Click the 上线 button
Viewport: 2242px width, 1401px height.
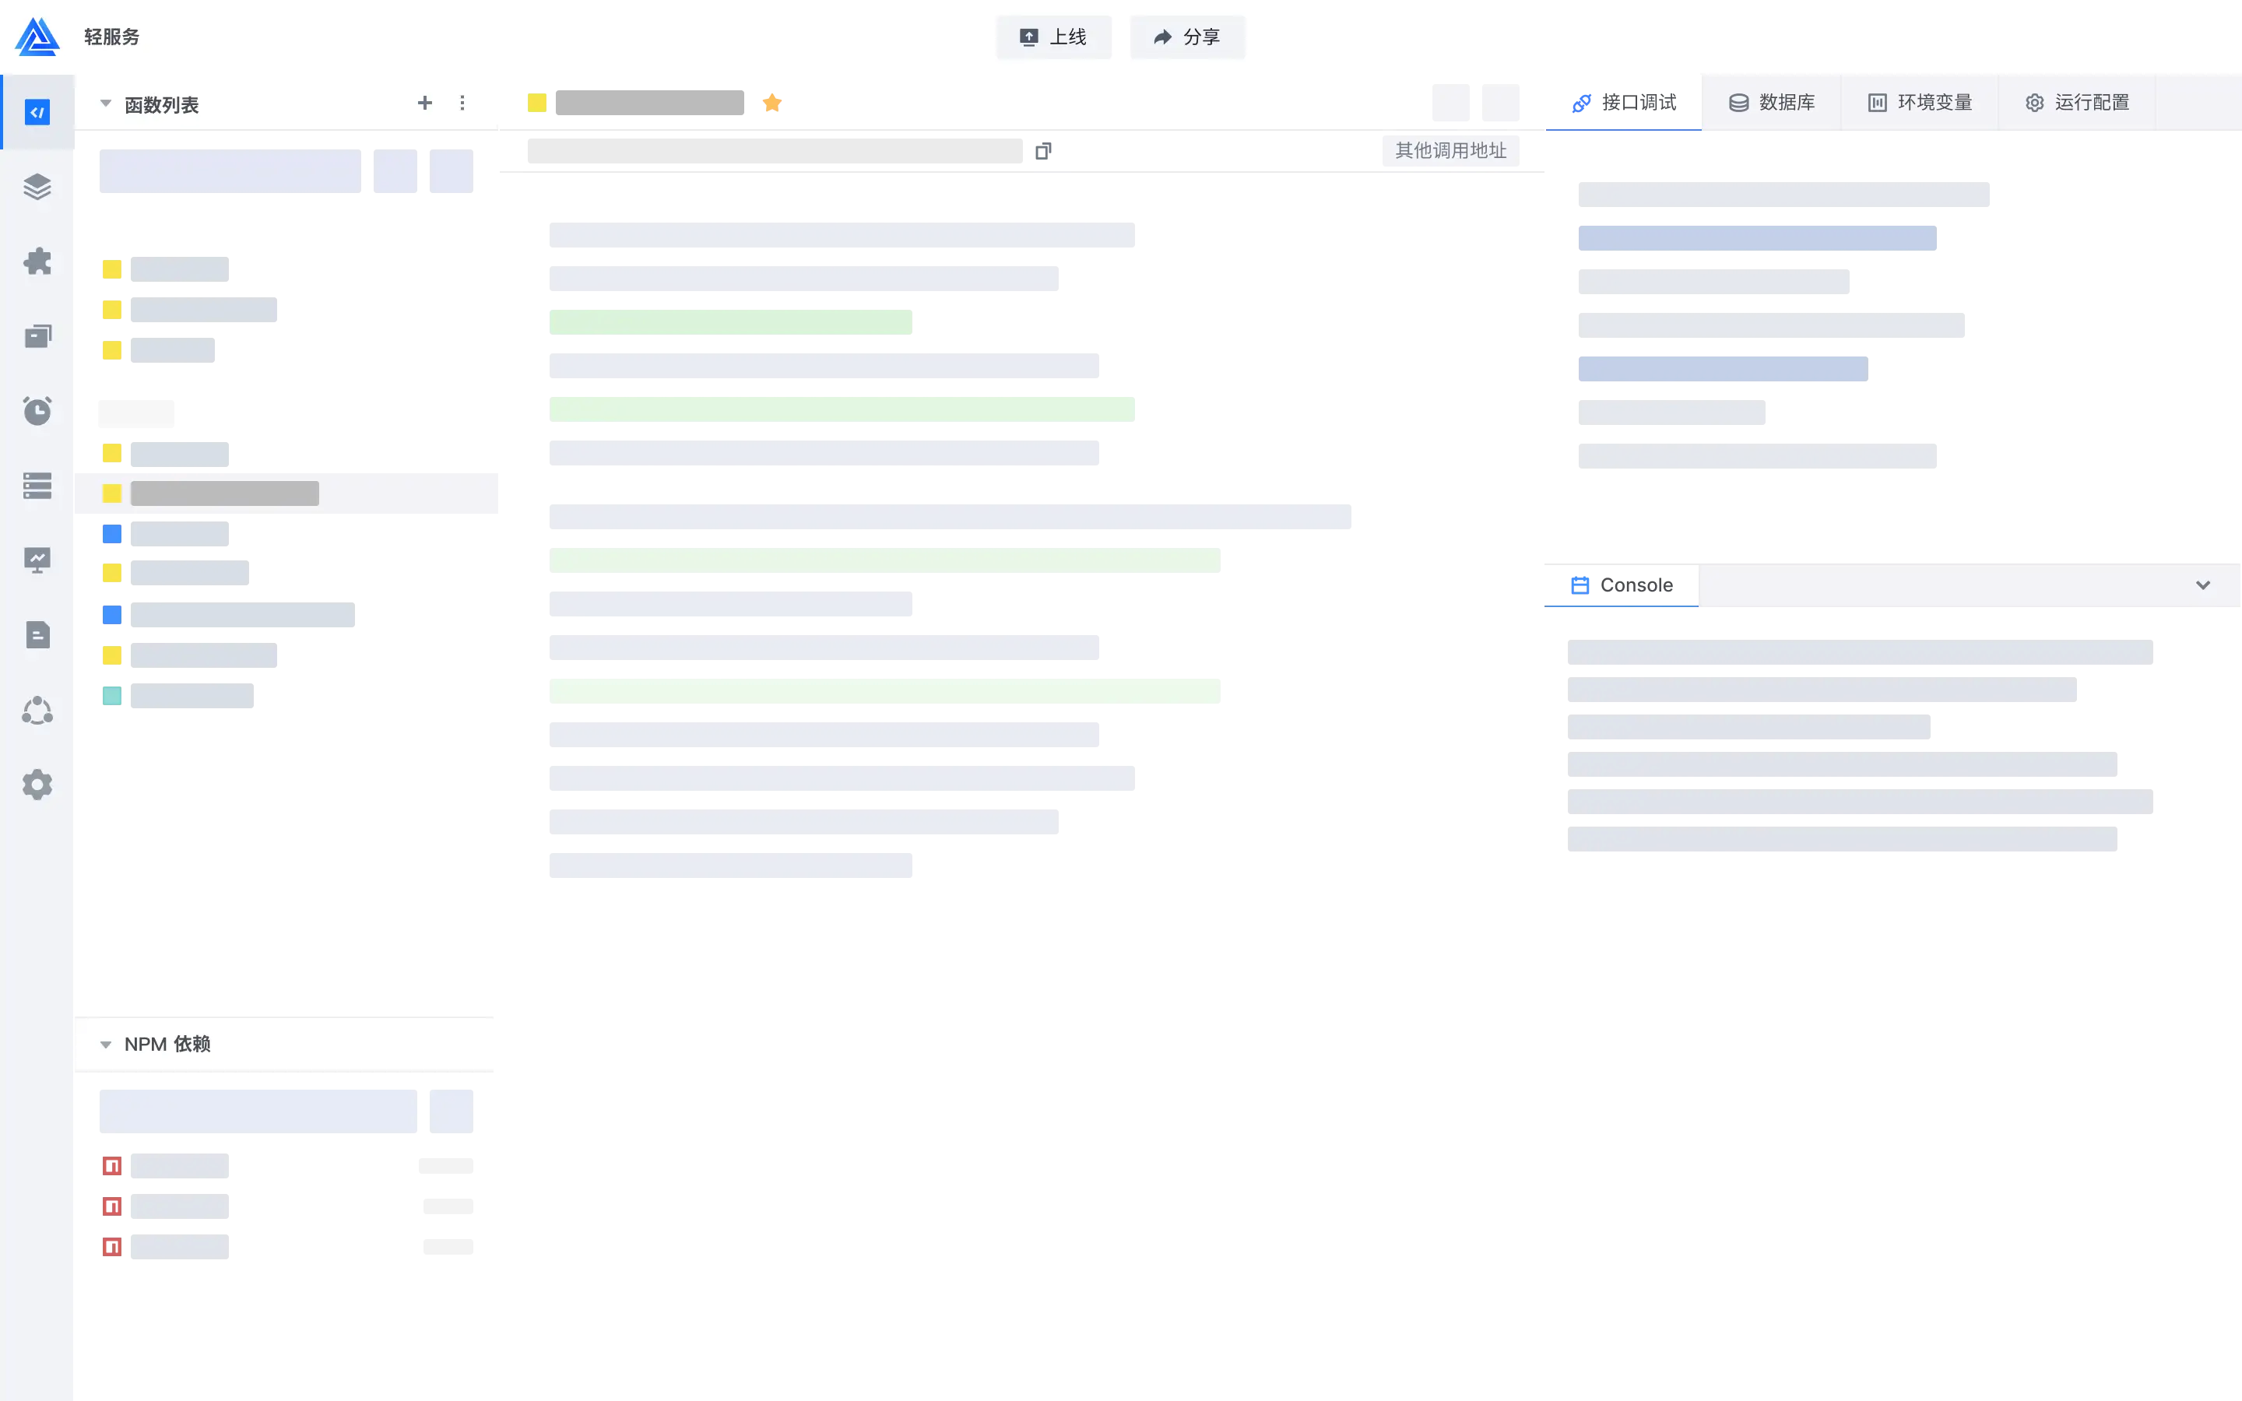(1053, 37)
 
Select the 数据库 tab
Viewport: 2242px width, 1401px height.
(1771, 103)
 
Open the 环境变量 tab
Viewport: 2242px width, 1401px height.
(1920, 103)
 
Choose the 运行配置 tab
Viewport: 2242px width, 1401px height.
(2077, 103)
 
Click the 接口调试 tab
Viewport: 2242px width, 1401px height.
(1624, 103)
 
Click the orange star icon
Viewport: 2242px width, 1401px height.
(771, 103)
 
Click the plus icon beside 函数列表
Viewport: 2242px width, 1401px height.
(424, 103)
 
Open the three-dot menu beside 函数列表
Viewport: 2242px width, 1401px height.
(462, 103)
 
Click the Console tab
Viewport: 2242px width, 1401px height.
(1622, 585)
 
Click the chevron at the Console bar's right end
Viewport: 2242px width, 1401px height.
(2203, 585)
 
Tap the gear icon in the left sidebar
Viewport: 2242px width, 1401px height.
(37, 785)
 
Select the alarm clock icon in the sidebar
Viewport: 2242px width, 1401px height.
(37, 410)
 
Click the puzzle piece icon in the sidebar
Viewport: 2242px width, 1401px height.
(37, 262)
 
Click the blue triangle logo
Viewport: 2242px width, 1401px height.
(37, 37)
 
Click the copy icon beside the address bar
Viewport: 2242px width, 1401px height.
(1043, 151)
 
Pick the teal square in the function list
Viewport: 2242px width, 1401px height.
(112, 696)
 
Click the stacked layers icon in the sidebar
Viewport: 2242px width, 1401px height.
(37, 187)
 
